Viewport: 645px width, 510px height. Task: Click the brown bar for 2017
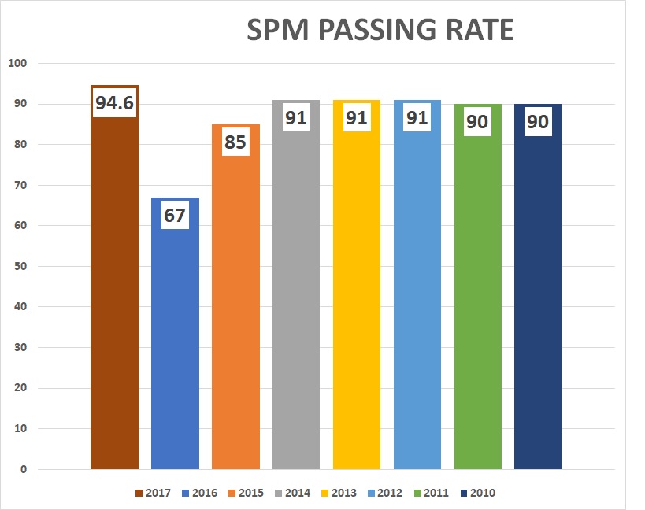[x=114, y=299]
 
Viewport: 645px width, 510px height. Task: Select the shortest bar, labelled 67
[x=175, y=346]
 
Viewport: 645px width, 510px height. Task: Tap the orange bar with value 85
[x=235, y=315]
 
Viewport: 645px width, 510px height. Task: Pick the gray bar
[x=296, y=299]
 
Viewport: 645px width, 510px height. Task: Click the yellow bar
[x=357, y=299]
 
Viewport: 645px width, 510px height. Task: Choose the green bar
[x=478, y=299]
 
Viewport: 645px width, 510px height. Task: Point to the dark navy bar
[x=538, y=299]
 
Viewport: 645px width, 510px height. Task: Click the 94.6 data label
[x=114, y=103]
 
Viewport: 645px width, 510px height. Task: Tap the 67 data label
[x=175, y=216]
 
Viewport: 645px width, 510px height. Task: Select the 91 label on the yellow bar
[x=357, y=120]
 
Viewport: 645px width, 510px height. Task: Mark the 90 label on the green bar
[x=478, y=122]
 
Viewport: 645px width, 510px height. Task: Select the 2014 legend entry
[x=292, y=493]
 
